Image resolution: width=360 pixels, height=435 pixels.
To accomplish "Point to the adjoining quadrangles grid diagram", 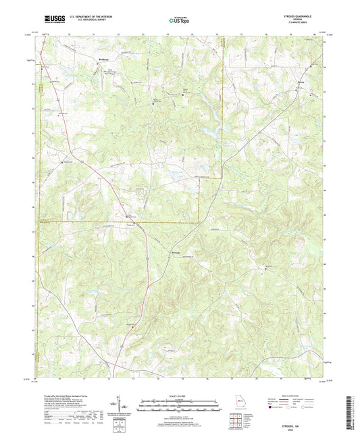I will click(236, 420).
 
